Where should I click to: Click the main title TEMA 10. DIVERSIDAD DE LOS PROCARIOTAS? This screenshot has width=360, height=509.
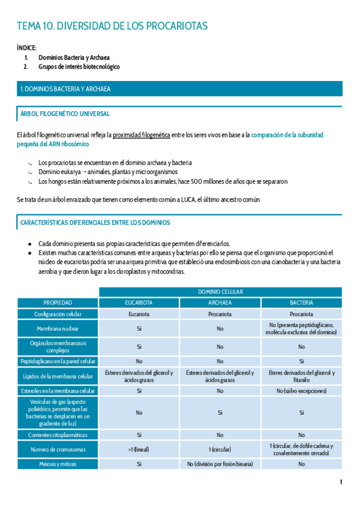pyautogui.click(x=112, y=26)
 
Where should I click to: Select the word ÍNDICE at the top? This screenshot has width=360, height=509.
pyautogui.click(x=26, y=47)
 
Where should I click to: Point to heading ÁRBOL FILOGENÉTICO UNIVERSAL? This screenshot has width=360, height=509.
pyautogui.click(x=65, y=113)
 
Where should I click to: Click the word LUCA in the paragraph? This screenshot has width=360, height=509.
pyautogui.click(x=175, y=199)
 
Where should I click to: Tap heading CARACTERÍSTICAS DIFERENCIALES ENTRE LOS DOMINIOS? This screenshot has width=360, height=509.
pyautogui.click(x=95, y=223)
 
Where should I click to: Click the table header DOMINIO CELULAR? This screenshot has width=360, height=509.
pyautogui.click(x=220, y=292)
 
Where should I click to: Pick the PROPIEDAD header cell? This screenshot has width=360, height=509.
pyautogui.click(x=58, y=303)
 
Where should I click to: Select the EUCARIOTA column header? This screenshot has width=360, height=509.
pyautogui.click(x=139, y=303)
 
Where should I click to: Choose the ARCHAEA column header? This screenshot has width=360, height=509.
pyautogui.click(x=220, y=303)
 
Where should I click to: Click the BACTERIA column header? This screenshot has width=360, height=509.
pyautogui.click(x=301, y=303)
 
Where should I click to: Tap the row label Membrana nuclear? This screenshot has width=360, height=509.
pyautogui.click(x=58, y=329)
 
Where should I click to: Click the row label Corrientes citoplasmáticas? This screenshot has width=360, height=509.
pyautogui.click(x=58, y=435)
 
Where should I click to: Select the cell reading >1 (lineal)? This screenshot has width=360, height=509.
pyautogui.click(x=139, y=449)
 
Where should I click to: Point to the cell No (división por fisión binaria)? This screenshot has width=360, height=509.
pyautogui.click(x=220, y=464)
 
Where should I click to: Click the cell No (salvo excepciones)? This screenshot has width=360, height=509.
pyautogui.click(x=301, y=391)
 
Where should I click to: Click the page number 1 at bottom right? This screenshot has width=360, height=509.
pyautogui.click(x=341, y=482)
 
